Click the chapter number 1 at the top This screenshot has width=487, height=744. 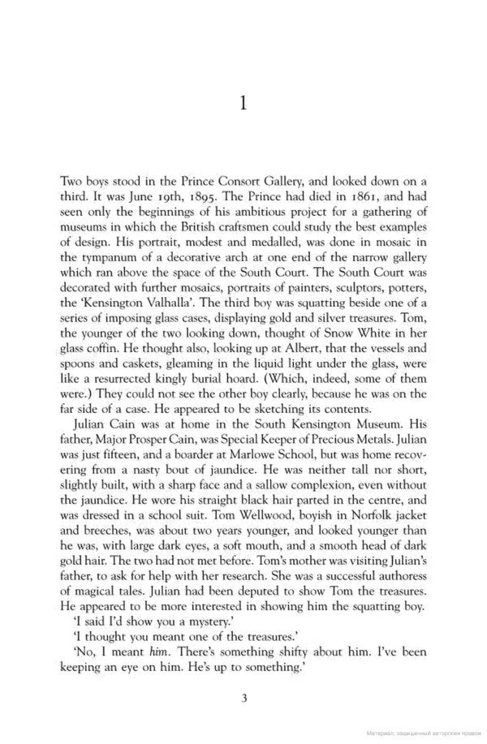[244, 103]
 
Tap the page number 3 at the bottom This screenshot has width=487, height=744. [243, 697]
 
